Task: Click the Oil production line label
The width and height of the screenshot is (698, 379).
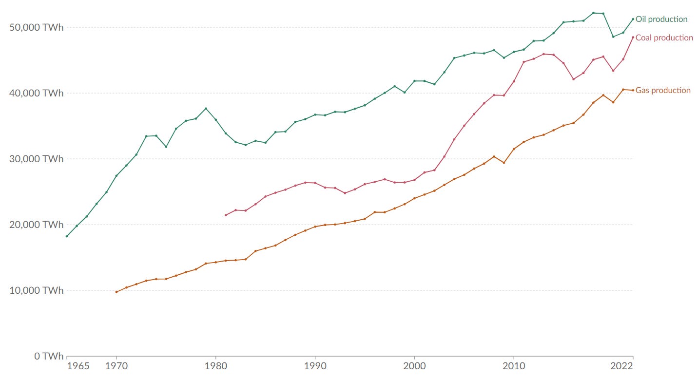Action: point(661,19)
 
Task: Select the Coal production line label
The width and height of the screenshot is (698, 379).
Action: point(664,38)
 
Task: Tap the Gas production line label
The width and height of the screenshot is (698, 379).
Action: point(663,91)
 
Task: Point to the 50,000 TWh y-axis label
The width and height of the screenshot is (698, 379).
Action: point(36,27)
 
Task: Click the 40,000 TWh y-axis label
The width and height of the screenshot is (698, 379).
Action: point(36,93)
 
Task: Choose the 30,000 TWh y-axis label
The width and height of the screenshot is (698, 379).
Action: point(36,159)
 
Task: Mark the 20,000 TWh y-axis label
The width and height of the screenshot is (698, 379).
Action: point(36,225)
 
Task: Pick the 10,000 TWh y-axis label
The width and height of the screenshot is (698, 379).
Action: point(36,290)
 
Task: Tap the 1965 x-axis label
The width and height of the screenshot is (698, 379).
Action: point(78,366)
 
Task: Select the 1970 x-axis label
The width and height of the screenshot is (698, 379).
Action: point(116,366)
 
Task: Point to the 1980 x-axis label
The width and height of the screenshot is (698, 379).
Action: point(215,366)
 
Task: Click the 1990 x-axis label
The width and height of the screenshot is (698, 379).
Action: point(315,366)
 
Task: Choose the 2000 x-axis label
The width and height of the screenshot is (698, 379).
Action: point(414,366)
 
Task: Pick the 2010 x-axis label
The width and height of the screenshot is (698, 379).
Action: point(513,366)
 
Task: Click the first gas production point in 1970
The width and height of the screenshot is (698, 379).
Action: point(116,292)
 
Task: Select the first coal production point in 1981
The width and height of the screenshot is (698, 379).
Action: point(225,215)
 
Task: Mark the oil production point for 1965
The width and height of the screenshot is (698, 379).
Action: point(67,236)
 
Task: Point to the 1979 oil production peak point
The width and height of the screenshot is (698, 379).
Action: point(206,108)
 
